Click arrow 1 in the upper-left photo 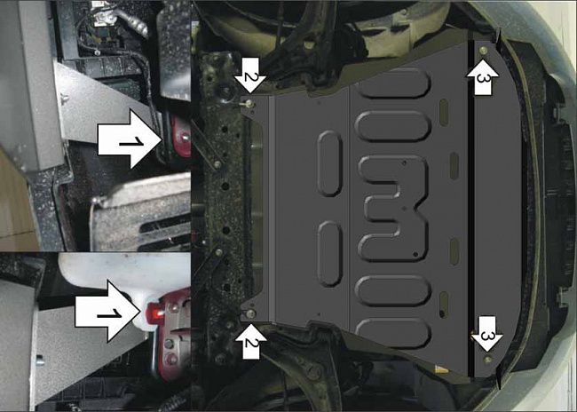[128, 139]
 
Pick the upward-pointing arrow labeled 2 [249, 339]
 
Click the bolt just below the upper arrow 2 [249, 103]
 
